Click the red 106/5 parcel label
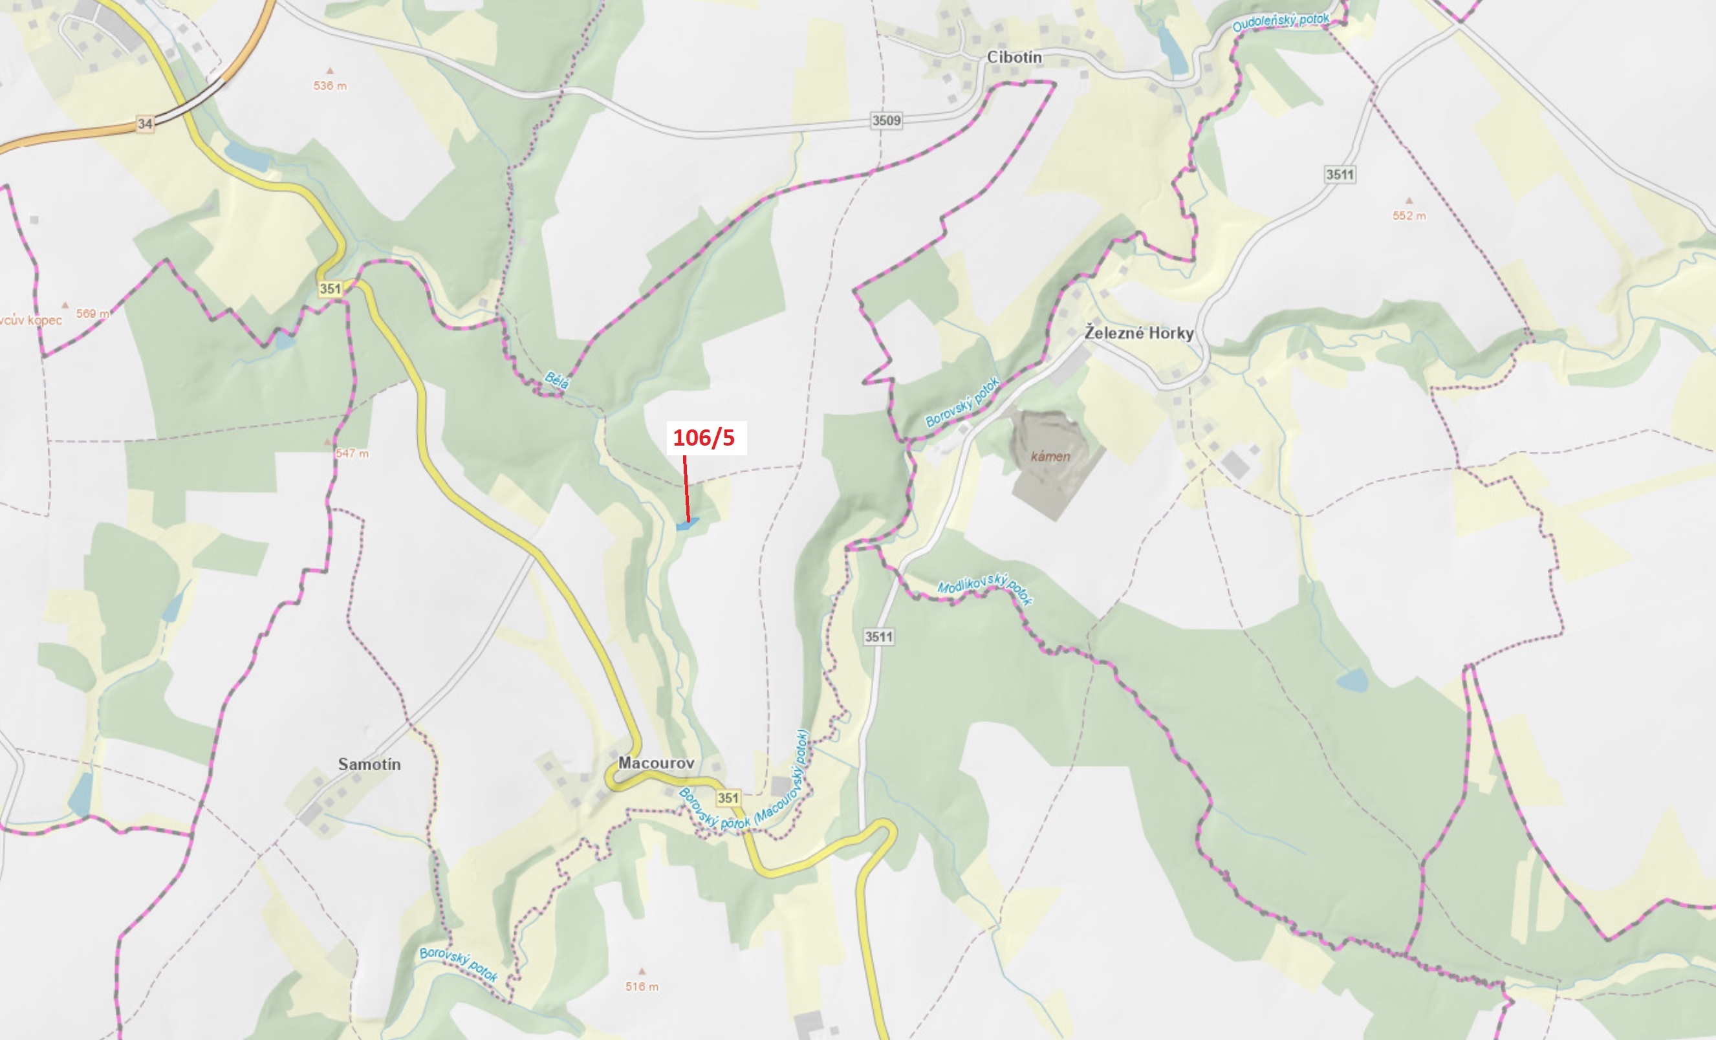703,437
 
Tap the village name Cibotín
1014,57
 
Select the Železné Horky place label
1138,333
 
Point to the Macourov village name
656,763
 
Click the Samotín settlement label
369,764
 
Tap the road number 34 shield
145,124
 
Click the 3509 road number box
886,120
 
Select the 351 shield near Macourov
728,797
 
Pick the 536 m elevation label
329,85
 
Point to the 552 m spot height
1409,216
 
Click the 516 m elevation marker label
642,986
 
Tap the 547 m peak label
353,453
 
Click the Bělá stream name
557,380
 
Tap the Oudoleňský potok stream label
1280,22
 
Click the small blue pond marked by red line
687,525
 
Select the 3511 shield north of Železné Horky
1340,174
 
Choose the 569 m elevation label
92,314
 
